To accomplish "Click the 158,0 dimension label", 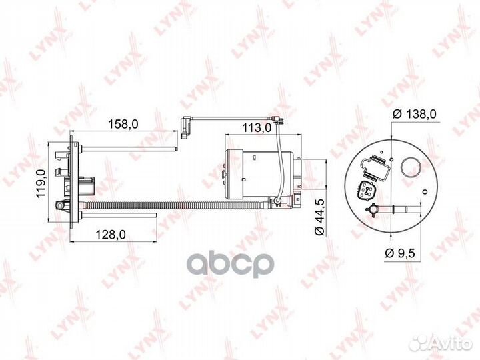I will pos(123,124).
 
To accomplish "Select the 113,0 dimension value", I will pos(256,125).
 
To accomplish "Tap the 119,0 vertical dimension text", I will pos(39,184).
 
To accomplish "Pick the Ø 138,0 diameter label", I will pos(414,114).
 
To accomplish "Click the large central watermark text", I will pos(230,264).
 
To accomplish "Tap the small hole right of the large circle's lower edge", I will pos(424,193).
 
